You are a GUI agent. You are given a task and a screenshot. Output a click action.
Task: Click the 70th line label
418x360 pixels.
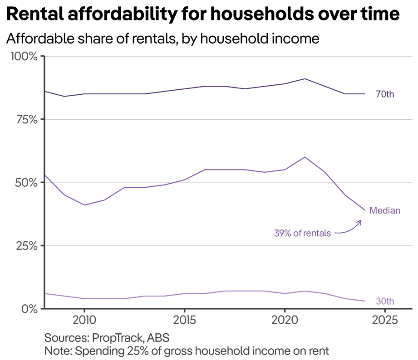385,95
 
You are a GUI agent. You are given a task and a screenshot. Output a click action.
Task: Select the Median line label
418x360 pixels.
385,210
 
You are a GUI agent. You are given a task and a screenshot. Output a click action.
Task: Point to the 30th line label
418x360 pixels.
385,302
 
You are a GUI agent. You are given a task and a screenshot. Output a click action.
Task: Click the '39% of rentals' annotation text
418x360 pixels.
302,234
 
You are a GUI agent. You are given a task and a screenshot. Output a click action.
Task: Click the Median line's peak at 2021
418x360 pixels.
305,157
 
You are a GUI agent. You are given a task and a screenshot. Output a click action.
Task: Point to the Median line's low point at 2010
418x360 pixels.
84,205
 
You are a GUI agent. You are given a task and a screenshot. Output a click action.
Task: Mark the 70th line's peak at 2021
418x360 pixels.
305,79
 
